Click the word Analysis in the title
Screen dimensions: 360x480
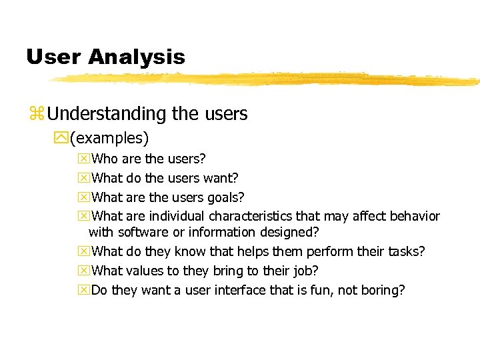tap(136, 57)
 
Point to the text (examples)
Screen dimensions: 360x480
tap(109, 139)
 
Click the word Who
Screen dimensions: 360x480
tap(104, 159)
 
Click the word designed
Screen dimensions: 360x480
tap(292, 232)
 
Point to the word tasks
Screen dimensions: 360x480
tap(406, 251)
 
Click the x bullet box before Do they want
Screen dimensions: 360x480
tap(83, 290)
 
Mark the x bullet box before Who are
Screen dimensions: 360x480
tap(83, 159)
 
